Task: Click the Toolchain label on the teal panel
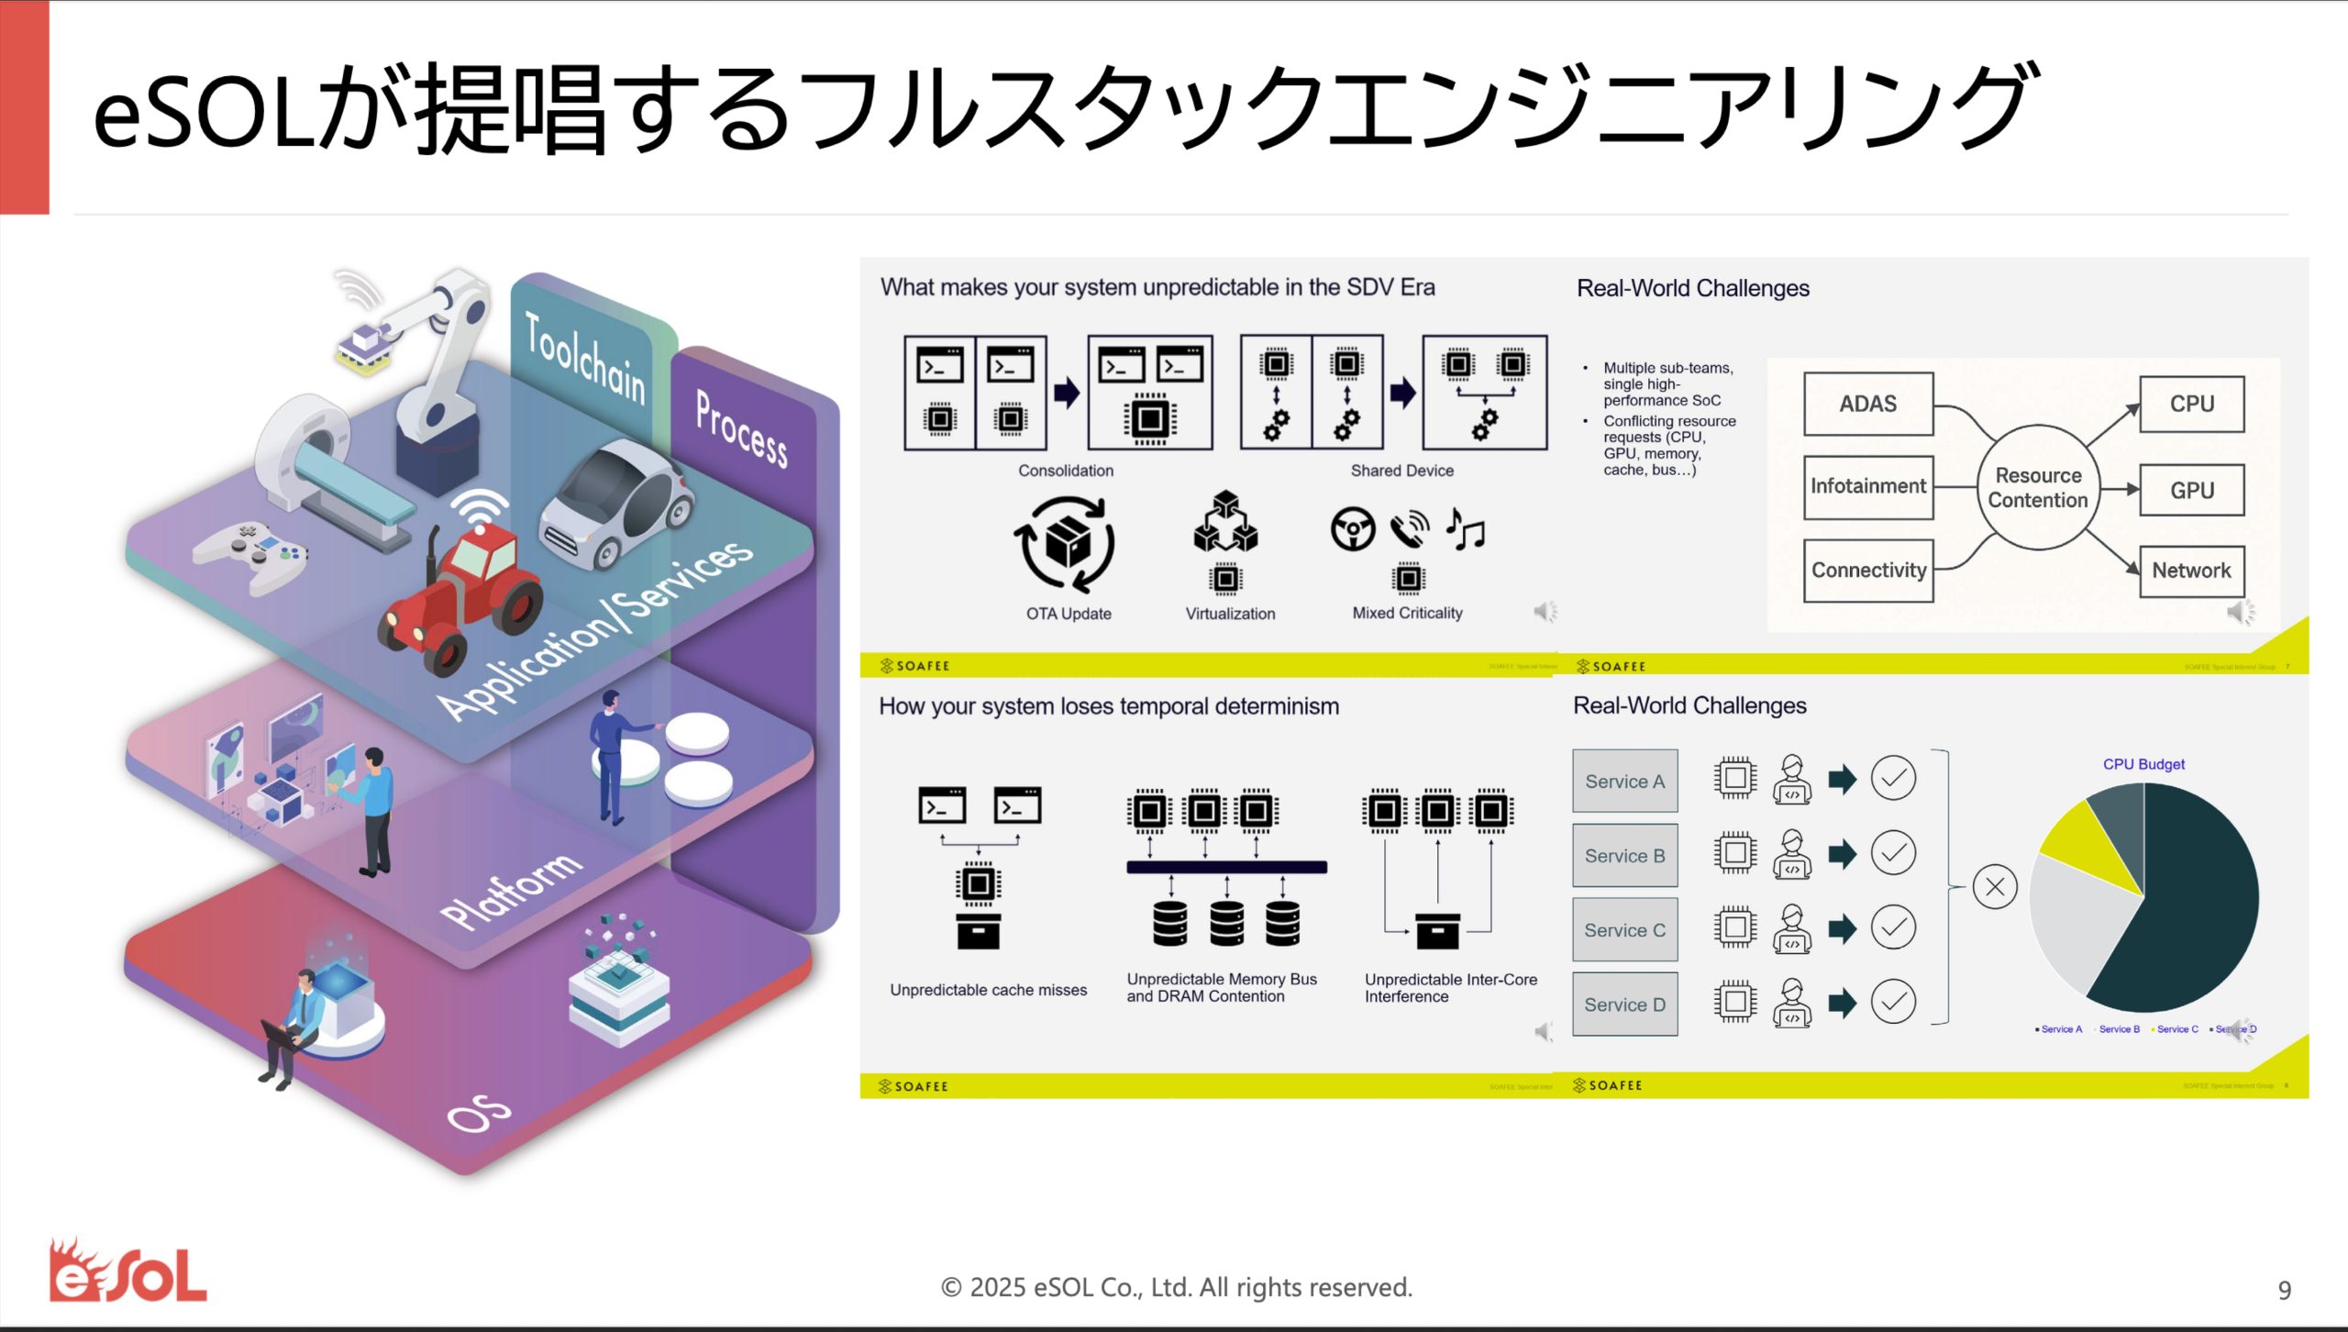pos(585,358)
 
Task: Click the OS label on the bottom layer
pos(478,1113)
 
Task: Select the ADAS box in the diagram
pos(1867,404)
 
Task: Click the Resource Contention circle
pos(2037,487)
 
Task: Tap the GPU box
pos(2191,490)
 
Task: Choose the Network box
pos(2191,571)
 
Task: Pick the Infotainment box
pos(1867,486)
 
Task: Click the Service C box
pos(1624,930)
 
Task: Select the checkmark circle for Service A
pos(1893,779)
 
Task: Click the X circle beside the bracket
pos(1994,887)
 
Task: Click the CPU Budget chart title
pos(2143,764)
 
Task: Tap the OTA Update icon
pos(1065,543)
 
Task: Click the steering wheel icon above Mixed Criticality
pos(1353,529)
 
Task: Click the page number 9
pos(2284,1291)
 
